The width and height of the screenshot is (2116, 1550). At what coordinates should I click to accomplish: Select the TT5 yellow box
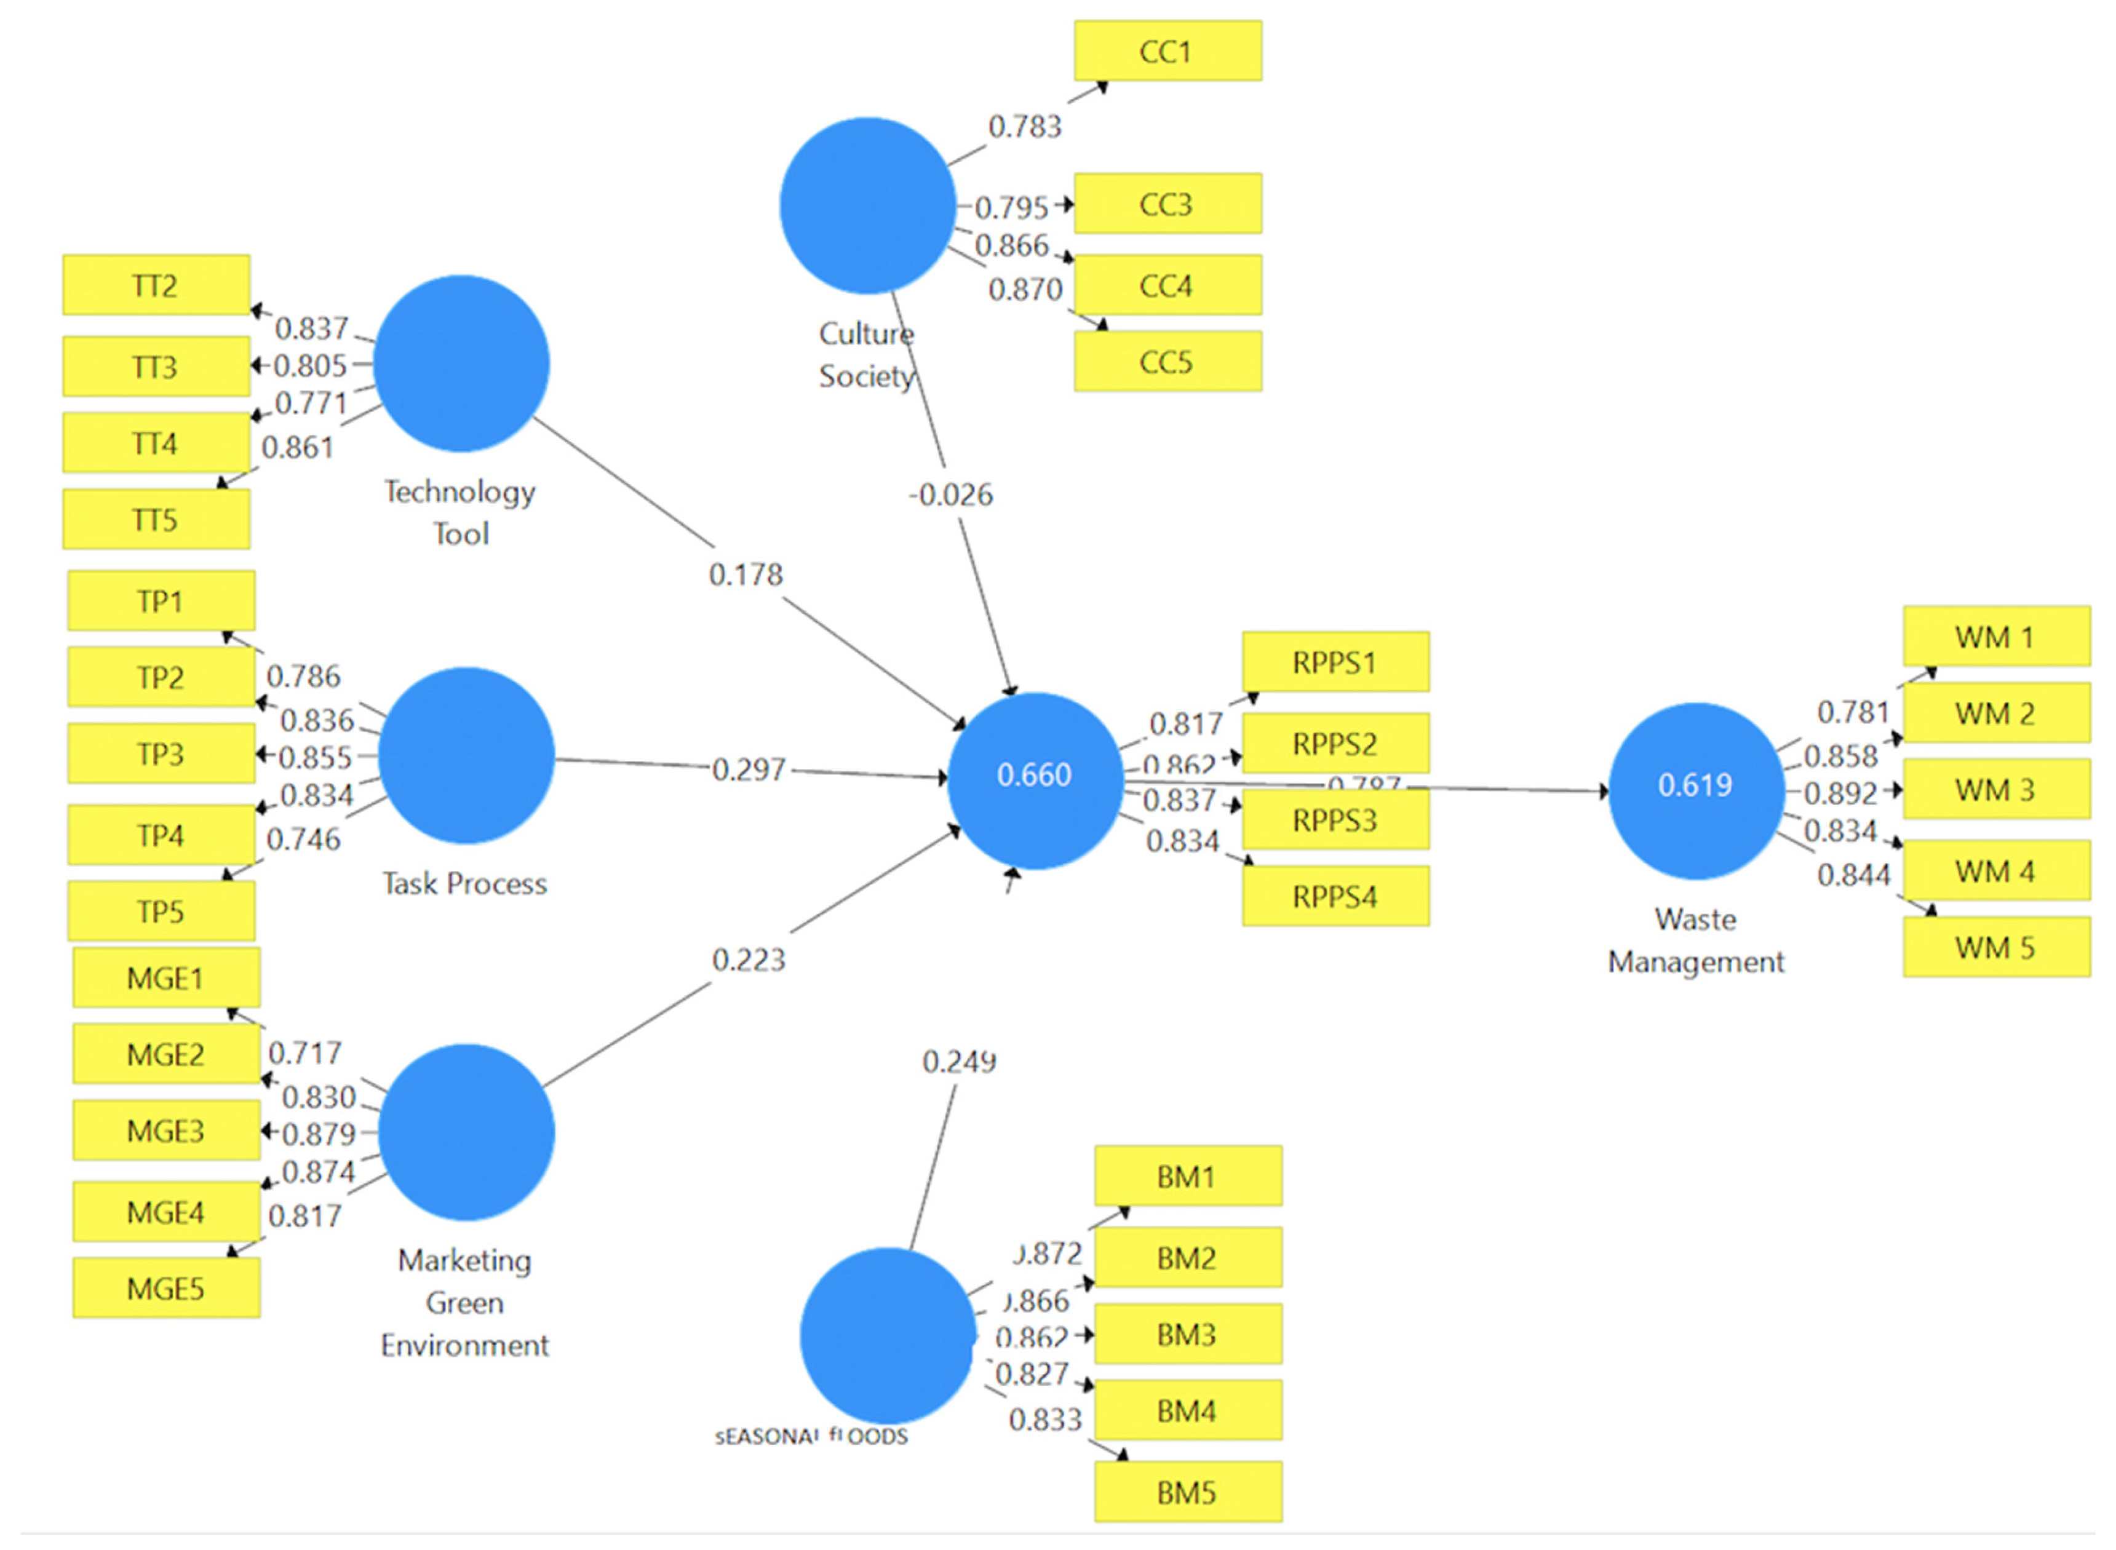[x=156, y=519]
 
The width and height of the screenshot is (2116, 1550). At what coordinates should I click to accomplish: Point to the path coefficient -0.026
[x=950, y=495]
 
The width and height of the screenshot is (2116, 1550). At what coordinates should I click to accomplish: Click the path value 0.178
[x=745, y=574]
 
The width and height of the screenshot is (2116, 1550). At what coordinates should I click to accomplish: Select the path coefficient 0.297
[x=748, y=769]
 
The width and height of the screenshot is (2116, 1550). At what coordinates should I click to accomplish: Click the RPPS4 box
[x=1334, y=896]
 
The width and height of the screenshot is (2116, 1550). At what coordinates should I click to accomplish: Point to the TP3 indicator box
[x=161, y=753]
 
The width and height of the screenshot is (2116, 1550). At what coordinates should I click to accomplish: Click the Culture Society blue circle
[x=867, y=205]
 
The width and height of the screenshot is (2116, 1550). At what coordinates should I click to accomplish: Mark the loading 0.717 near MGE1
[x=304, y=1053]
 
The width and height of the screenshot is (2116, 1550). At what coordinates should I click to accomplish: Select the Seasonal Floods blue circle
[x=887, y=1335]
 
